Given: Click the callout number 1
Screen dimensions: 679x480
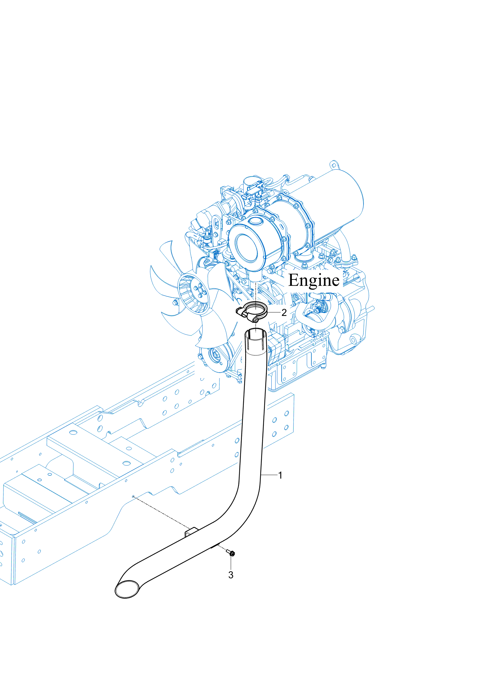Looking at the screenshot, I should coord(280,475).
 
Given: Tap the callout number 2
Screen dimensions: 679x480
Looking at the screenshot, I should coord(284,312).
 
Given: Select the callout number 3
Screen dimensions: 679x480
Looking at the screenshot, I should coord(231,575).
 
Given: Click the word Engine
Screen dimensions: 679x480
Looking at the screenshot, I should coord(314,280).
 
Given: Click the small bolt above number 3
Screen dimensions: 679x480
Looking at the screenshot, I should coord(231,553).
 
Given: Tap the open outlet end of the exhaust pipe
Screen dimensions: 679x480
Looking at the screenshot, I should coord(127,589).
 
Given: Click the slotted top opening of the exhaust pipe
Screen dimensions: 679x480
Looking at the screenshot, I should coord(255,335).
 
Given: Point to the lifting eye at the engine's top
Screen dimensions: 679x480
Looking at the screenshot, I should coord(333,165).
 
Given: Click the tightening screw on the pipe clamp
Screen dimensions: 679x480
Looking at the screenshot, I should coord(255,319).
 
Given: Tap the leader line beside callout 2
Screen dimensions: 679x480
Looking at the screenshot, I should coord(274,312).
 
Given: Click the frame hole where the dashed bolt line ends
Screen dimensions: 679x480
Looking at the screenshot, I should coord(133,497).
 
